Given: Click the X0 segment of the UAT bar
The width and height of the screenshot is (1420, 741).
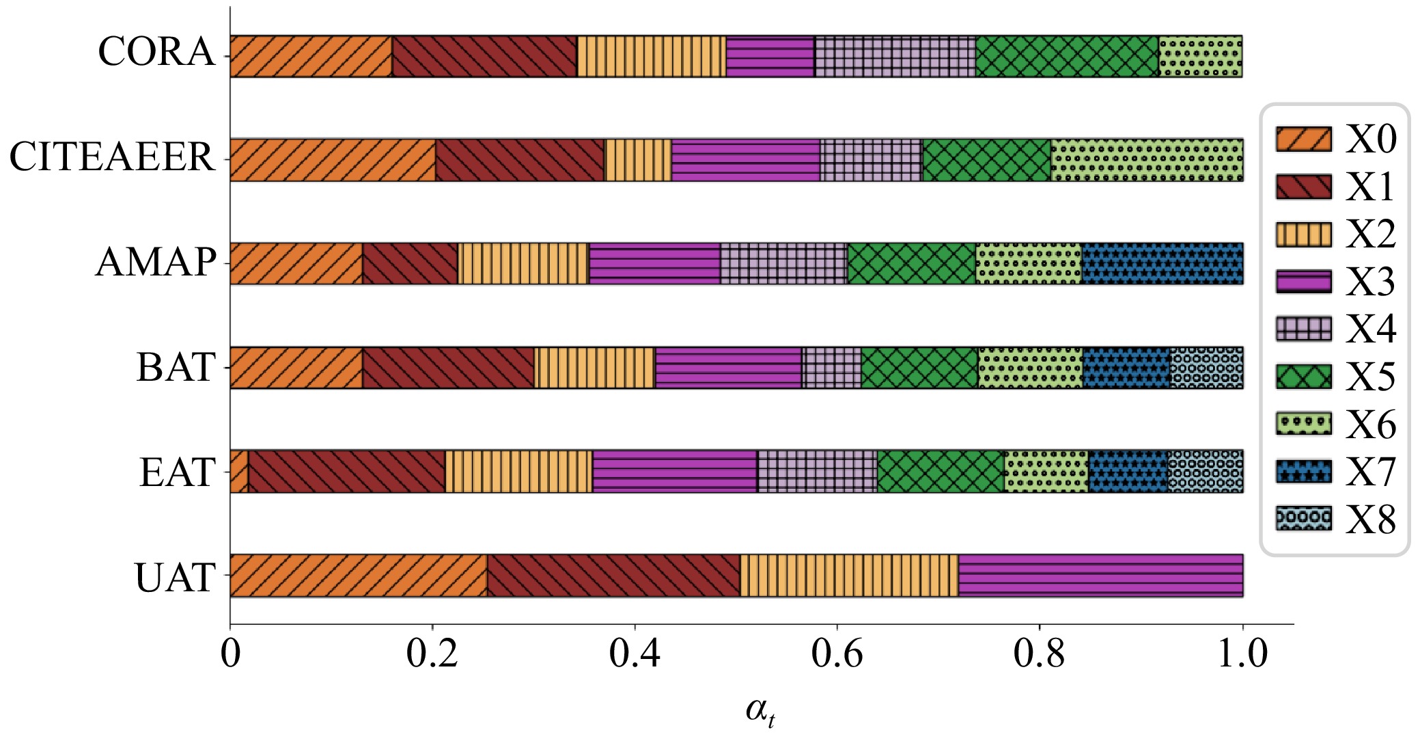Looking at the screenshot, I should (x=359, y=576).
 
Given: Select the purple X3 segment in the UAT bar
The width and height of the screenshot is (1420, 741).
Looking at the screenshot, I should (x=1100, y=576).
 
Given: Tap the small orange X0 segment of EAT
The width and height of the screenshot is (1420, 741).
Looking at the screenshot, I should (x=239, y=471).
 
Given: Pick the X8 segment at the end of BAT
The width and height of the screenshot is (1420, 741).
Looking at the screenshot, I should (x=1206, y=368).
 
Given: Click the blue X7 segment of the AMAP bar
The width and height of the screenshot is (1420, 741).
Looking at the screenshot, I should (x=1162, y=263).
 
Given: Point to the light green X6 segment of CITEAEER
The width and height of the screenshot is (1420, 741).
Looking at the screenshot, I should (x=1146, y=160).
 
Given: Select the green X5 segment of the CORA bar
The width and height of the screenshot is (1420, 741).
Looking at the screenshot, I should (x=1067, y=57).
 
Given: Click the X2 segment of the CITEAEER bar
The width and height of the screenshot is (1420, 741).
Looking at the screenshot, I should (x=638, y=160).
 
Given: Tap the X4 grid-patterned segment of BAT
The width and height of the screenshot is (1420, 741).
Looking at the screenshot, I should (x=831, y=368).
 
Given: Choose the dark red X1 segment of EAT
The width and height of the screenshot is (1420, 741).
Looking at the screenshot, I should (x=346, y=471).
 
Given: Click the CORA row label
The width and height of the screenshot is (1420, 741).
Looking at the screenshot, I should (x=156, y=52).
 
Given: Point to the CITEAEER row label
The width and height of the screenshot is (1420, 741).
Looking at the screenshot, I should (x=112, y=157).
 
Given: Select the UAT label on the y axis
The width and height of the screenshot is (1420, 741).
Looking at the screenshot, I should (x=176, y=578).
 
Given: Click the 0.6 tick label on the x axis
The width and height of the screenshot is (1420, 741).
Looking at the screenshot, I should (x=837, y=654).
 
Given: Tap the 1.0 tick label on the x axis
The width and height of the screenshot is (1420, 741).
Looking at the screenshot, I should (x=1242, y=654).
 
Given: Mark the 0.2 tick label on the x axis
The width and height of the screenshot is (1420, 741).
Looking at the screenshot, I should (x=432, y=654).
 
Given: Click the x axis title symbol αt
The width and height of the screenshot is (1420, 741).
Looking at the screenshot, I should (x=760, y=712).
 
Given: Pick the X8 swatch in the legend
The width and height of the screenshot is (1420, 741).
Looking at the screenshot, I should (x=1303, y=519).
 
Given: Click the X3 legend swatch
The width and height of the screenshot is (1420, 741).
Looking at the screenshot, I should (x=1303, y=282).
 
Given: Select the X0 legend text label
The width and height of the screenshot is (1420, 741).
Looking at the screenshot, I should (x=1370, y=139).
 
